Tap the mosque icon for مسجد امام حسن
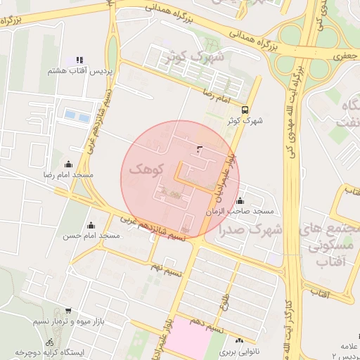pyautogui.click(x=91, y=226)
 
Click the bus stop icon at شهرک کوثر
pyautogui.click(x=245, y=110)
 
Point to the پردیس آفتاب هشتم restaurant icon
pyautogui.click(x=79, y=60)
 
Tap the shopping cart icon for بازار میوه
pyautogui.click(x=67, y=311)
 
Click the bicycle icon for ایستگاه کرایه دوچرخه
pyautogui.click(x=49, y=342)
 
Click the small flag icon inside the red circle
pyautogui.click(x=200, y=148)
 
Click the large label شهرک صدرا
pyautogui.click(x=250, y=229)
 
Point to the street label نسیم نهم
pyautogui.click(x=166, y=266)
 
